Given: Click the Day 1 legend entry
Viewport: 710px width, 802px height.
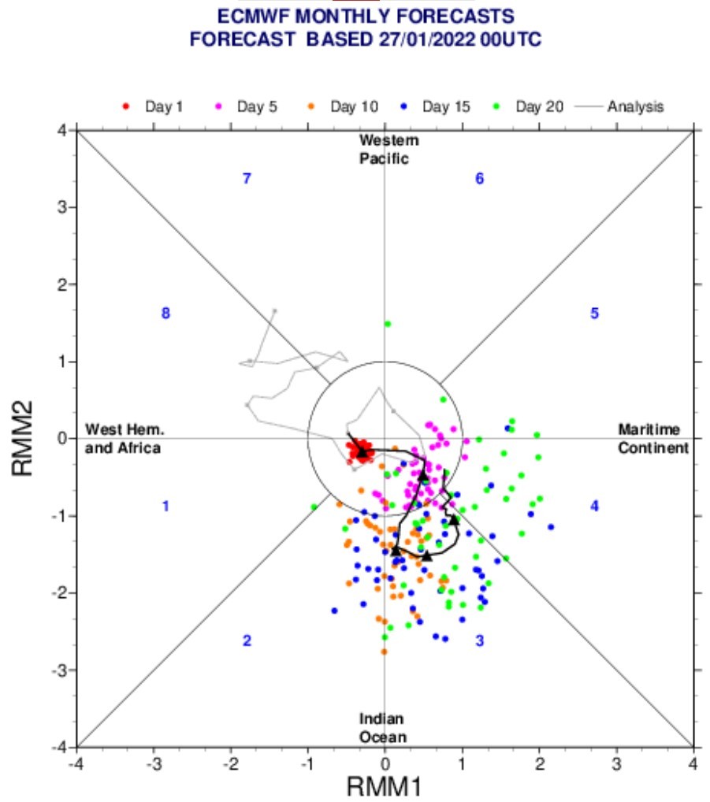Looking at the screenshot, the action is coord(152,106).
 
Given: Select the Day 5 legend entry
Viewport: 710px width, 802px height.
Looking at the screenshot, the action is coord(246,106).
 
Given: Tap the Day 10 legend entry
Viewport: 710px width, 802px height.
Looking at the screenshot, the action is coord(343,106).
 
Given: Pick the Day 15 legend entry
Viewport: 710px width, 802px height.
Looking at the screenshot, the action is coord(435,106).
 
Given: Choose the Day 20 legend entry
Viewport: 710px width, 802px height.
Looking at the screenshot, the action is coord(529,106).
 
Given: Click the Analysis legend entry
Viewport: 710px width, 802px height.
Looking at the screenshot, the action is coord(619,106).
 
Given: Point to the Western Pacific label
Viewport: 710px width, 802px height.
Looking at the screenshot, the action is coord(388,150).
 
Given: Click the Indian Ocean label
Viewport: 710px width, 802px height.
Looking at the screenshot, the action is coord(383,728).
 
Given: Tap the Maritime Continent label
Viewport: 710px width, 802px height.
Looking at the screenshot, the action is coord(653,438).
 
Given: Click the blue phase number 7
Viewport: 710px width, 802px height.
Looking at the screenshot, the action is coord(247,179).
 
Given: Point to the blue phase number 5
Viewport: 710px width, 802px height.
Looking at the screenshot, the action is coord(594,313).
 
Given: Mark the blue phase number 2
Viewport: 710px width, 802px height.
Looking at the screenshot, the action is coord(247,640).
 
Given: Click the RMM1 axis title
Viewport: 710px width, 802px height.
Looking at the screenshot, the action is coord(385,787).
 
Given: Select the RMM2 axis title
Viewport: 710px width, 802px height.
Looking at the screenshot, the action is coord(23,438).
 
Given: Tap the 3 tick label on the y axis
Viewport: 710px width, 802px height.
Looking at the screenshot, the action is coord(62,207).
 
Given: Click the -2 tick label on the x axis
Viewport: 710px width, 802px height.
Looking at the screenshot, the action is coord(231,764).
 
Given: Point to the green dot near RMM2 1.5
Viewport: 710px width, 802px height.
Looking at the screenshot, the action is coord(388,324).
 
